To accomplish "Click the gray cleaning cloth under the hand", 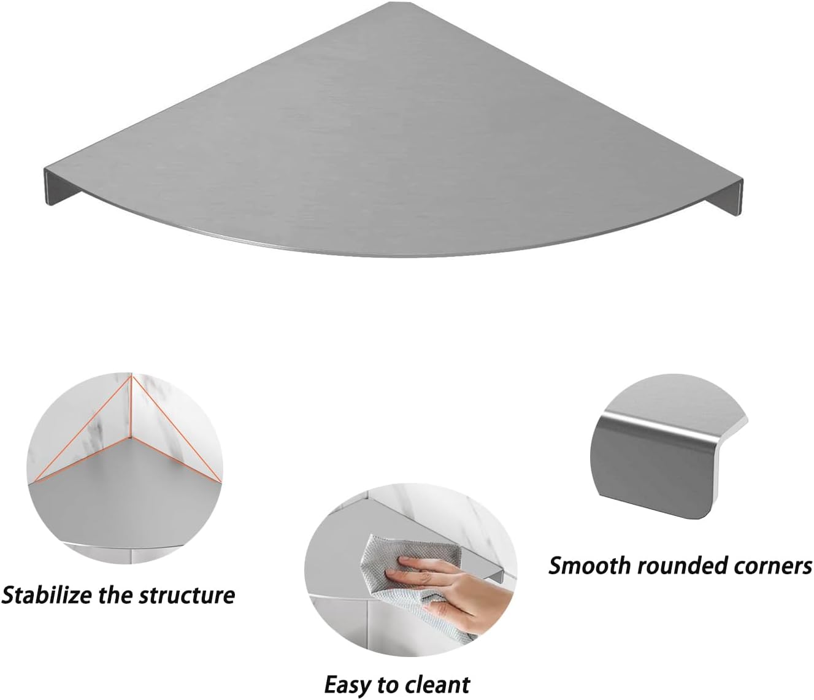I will tap(380, 552).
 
